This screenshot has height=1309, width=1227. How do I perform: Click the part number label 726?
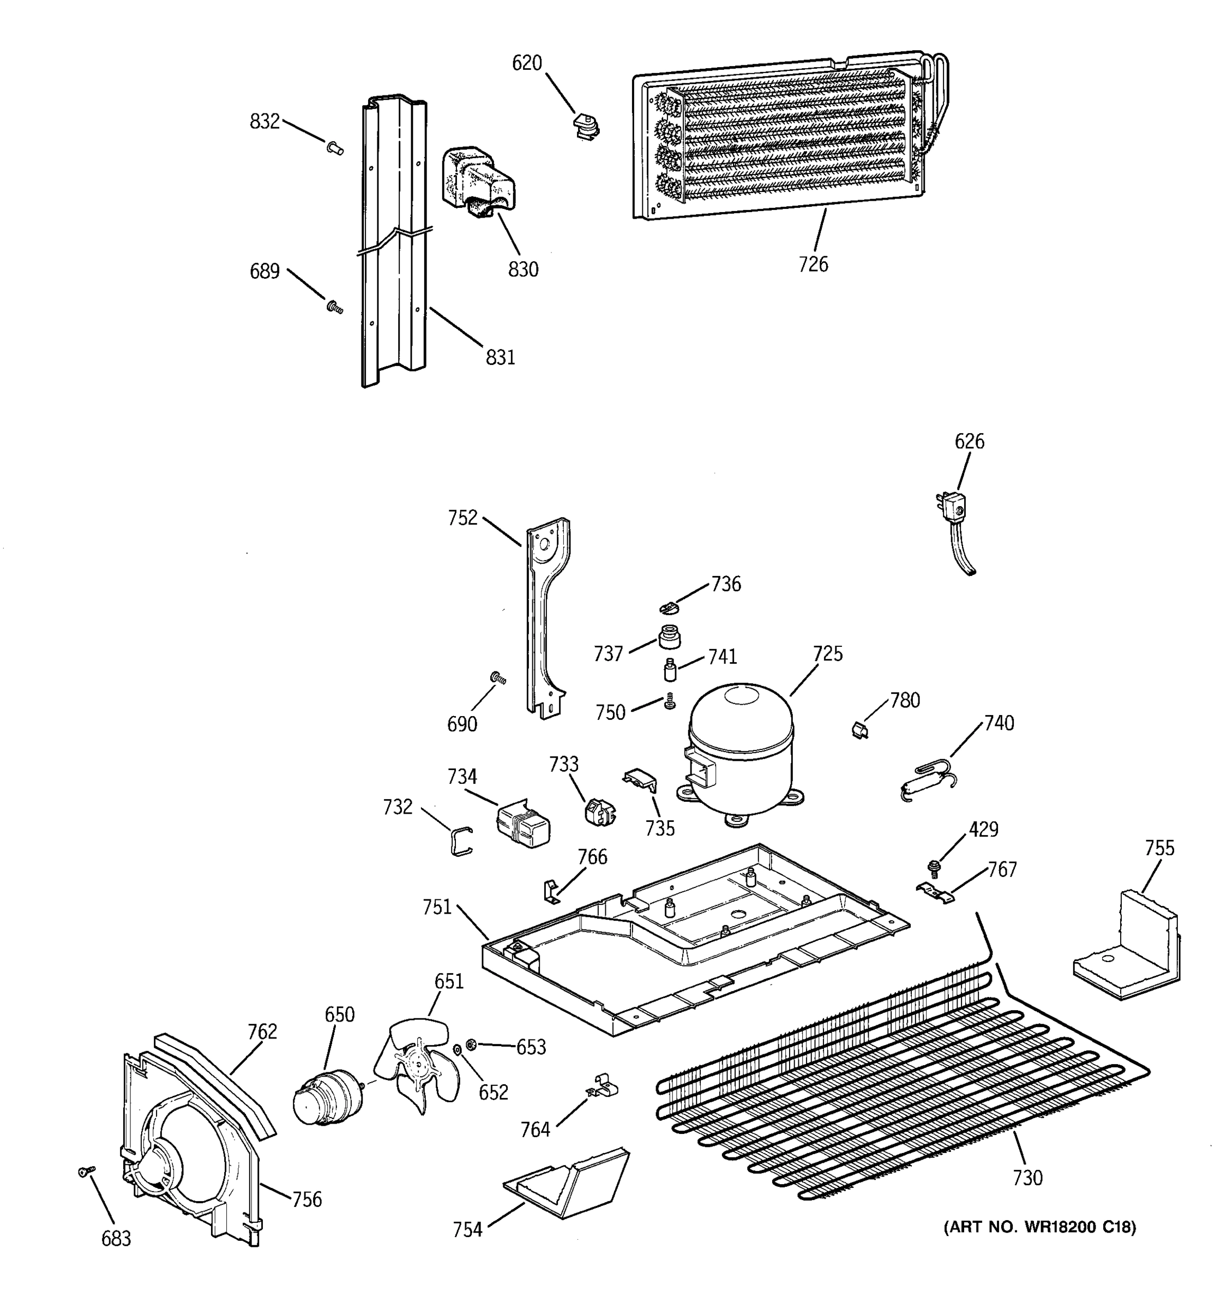coord(813,264)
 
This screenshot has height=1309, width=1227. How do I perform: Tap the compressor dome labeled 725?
coord(741,744)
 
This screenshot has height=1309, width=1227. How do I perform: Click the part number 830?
coord(524,269)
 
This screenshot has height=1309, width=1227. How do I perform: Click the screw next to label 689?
coord(334,306)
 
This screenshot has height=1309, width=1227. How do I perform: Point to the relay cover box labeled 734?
coord(524,823)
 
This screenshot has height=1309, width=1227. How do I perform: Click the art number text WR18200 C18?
coord(1040,1227)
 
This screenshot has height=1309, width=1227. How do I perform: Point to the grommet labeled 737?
coord(670,637)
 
